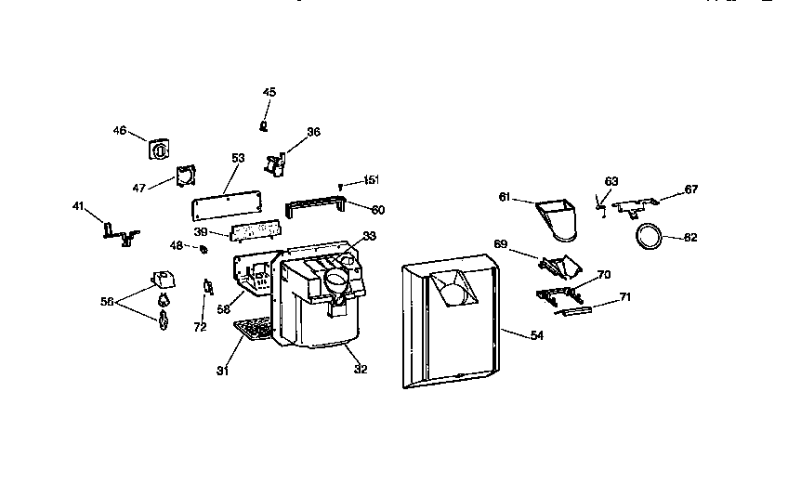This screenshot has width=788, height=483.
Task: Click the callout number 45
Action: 269,92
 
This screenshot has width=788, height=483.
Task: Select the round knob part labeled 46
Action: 159,150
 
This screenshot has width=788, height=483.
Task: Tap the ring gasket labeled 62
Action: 648,237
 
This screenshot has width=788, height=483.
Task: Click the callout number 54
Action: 536,335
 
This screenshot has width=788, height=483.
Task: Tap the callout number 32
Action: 361,369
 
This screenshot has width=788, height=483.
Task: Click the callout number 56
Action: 109,301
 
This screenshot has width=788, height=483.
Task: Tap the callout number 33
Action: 369,236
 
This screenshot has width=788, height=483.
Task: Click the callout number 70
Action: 603,275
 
